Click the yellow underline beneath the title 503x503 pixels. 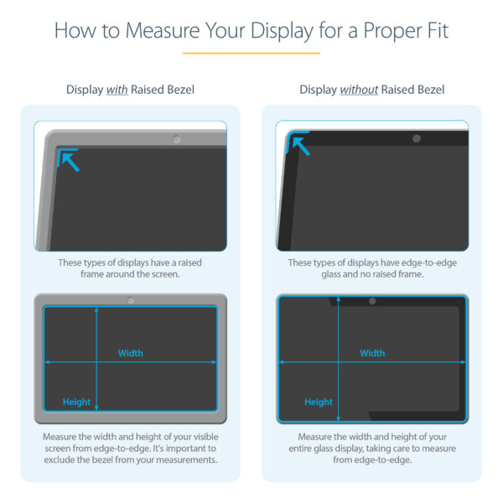[251, 53]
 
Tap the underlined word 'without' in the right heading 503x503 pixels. [360, 90]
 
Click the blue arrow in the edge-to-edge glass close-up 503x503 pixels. [298, 146]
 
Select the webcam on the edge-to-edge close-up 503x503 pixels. [417, 137]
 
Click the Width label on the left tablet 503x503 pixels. [130, 353]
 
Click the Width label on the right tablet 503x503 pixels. [372, 353]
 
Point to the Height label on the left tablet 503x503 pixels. [76, 402]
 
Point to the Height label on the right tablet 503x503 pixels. [319, 402]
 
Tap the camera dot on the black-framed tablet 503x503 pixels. [372, 300]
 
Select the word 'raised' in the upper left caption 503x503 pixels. [185, 262]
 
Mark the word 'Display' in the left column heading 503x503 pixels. [85, 90]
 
